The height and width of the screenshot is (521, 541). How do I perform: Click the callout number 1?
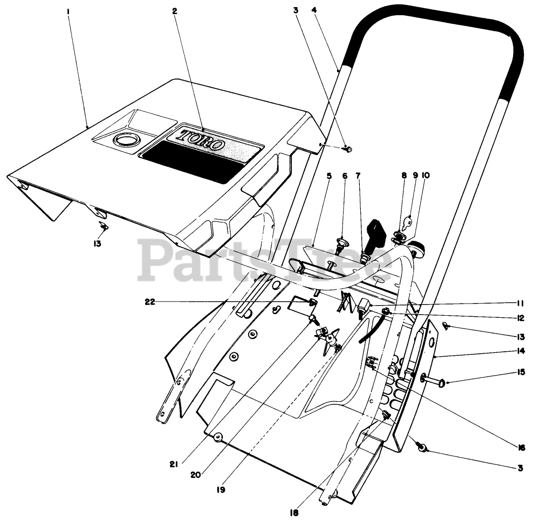(69, 11)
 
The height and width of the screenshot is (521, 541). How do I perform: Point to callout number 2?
(175, 11)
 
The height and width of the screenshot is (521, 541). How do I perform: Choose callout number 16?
(521, 448)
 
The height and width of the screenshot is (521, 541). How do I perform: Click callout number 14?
(521, 351)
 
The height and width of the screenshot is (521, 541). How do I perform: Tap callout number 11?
(521, 303)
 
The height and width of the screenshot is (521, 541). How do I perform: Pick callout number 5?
(329, 176)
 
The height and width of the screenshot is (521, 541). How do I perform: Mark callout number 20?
(197, 475)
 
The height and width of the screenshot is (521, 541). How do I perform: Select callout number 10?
(425, 176)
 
